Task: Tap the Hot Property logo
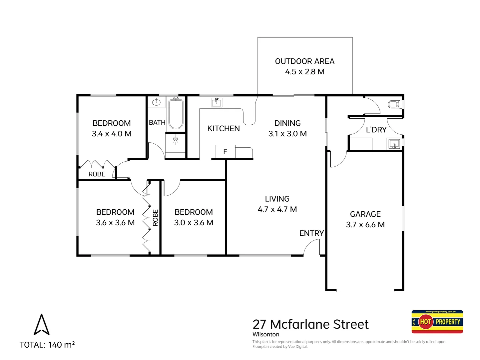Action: [437, 322]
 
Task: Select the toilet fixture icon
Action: [395, 104]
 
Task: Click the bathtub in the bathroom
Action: [176, 114]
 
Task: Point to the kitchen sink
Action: [217, 102]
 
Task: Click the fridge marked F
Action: [225, 152]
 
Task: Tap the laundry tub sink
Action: [394, 144]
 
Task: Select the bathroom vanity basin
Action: [156, 102]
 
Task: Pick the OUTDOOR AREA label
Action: [304, 61]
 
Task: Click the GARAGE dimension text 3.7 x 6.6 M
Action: [365, 225]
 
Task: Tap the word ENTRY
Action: [311, 233]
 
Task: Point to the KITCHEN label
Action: [224, 129]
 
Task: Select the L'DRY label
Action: [376, 130]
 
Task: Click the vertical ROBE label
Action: [155, 218]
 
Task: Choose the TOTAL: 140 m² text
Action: [47, 345]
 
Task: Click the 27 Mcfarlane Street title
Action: [310, 324]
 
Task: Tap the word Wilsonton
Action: [266, 334]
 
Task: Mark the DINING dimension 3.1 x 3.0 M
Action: [287, 134]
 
